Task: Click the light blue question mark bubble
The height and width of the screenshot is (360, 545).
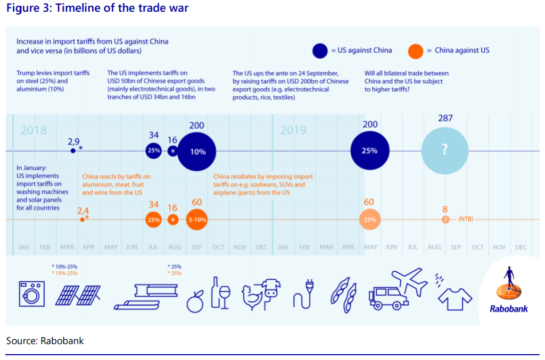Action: coord(444,150)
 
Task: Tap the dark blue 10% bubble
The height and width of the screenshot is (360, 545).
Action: coord(197,152)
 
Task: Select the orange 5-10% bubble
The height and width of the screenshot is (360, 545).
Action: coord(197,220)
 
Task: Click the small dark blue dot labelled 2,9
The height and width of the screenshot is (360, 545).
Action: coord(72,150)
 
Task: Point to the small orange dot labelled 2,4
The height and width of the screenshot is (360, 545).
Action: coord(82,220)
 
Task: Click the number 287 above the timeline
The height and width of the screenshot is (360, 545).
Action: coord(445,119)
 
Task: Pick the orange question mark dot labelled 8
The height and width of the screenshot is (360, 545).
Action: coord(445,220)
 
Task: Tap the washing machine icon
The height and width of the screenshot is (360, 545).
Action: coord(31,294)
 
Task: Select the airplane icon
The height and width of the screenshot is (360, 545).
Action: coord(409,280)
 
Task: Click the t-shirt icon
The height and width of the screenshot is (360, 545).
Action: coord(455,299)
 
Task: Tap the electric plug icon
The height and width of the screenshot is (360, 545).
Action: coord(303,294)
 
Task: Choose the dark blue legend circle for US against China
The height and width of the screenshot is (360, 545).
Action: coord(320,51)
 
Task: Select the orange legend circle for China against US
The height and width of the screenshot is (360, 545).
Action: coord(416,51)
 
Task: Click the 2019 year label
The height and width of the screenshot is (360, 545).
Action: coord(293,130)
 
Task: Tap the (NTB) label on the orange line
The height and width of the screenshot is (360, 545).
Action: coord(466,219)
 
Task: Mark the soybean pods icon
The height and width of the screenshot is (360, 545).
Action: coord(344,295)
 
